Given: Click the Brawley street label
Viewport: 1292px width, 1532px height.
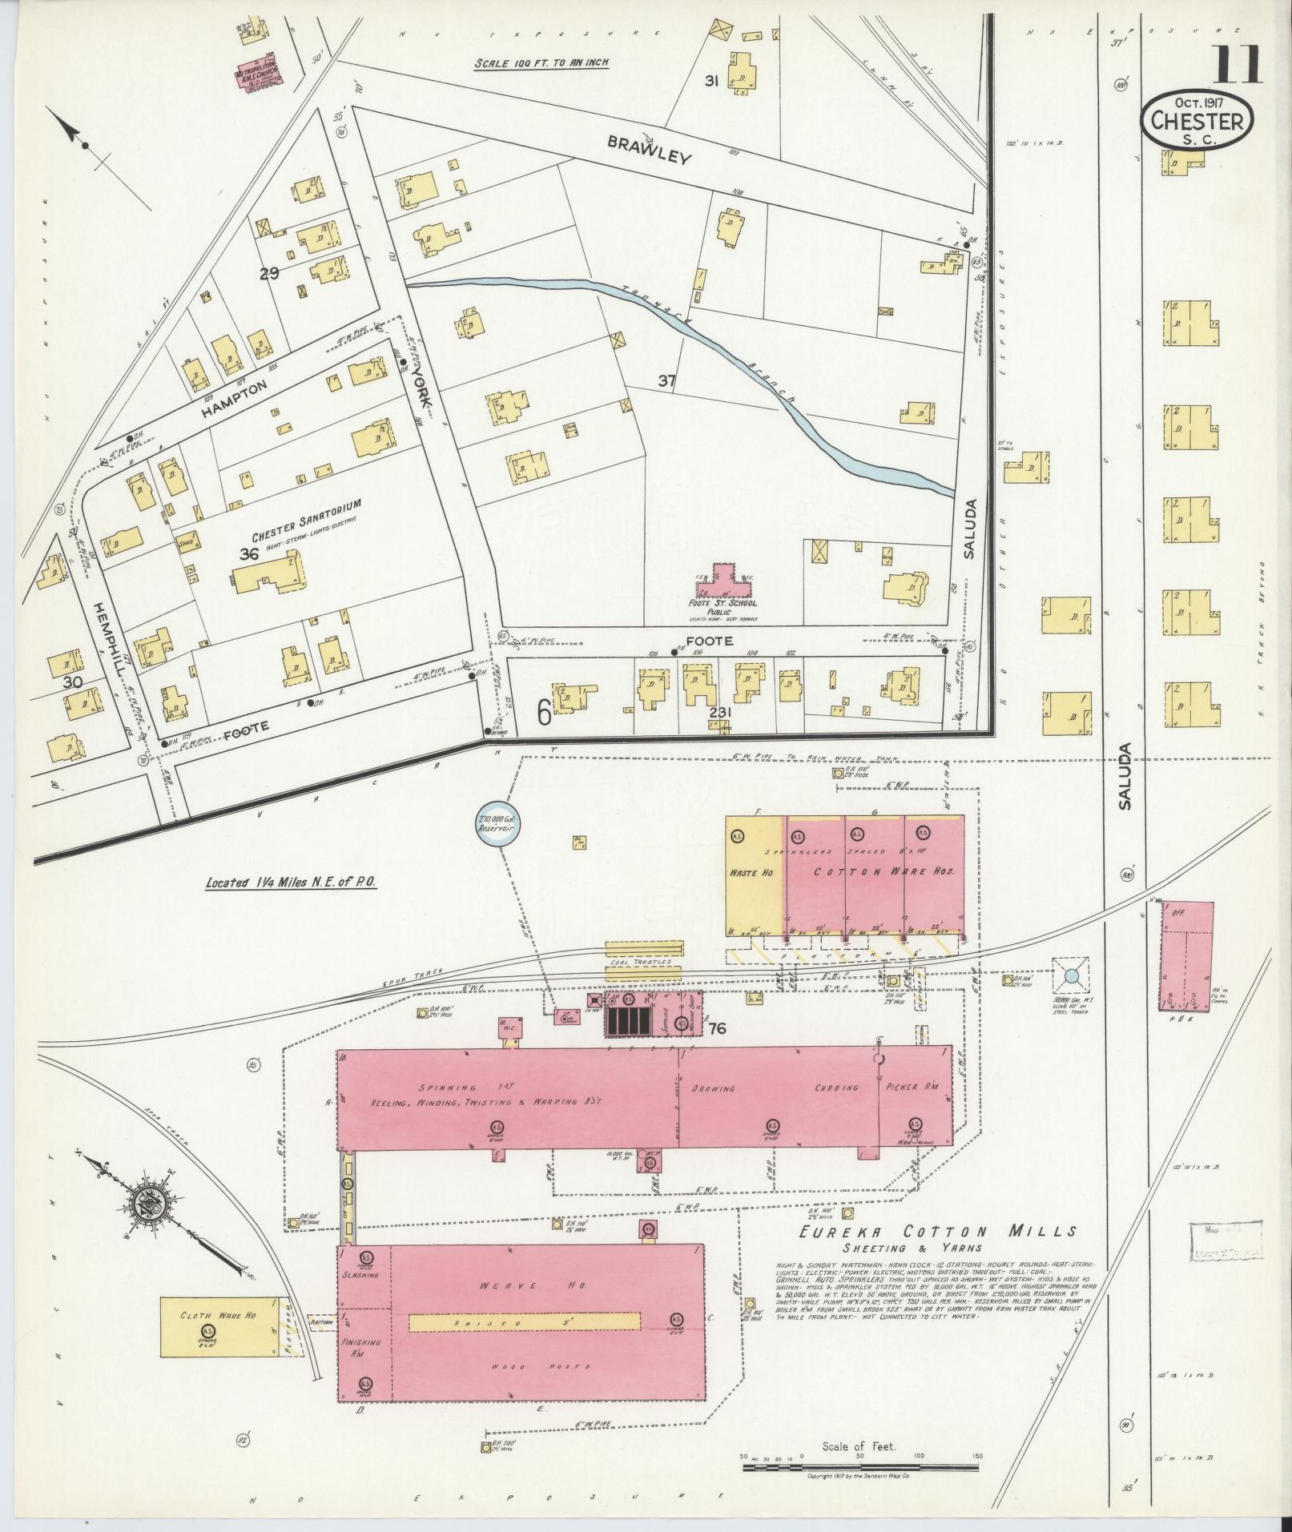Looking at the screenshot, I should tap(648, 149).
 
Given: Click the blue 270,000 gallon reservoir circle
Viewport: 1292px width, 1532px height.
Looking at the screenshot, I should tap(494, 826).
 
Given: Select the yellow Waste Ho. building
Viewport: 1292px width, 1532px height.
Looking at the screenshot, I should tap(755, 875).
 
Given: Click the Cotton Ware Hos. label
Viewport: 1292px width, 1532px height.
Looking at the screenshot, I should tap(884, 871).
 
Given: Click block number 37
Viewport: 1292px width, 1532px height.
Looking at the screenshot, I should tap(666, 381).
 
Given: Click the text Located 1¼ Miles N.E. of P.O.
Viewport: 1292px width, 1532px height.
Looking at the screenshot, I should tap(290, 883).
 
